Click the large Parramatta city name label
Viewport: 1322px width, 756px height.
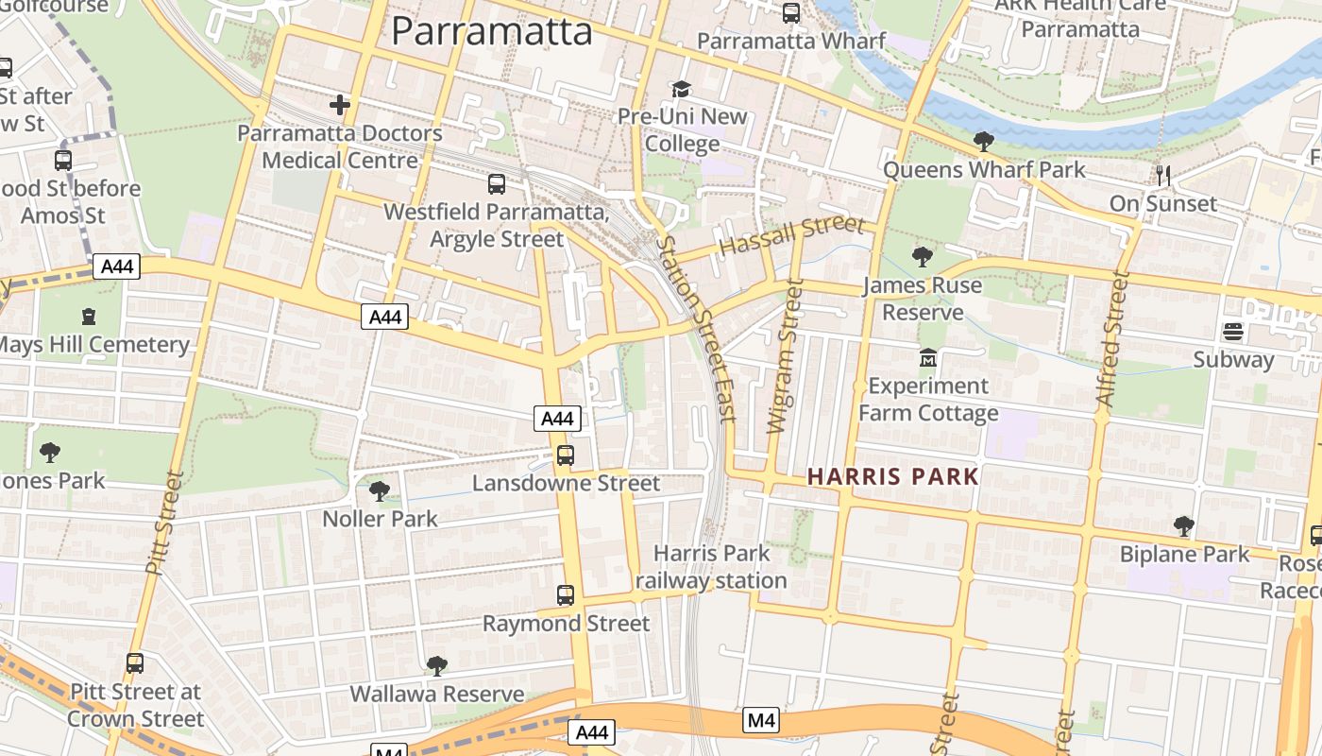[491, 31]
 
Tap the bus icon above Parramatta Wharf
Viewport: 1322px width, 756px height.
[791, 13]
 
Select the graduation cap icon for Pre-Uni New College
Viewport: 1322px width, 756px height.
[681, 89]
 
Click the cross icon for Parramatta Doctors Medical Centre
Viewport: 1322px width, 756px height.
[339, 105]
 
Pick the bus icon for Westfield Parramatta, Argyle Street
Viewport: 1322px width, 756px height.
[497, 184]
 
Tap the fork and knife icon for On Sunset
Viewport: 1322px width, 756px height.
[1163, 176]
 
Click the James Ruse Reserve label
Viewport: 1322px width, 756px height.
[922, 299]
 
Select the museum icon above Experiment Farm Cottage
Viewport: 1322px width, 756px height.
[927, 359]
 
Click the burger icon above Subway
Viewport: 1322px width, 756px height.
[1233, 332]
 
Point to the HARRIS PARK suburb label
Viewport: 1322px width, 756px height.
[892, 476]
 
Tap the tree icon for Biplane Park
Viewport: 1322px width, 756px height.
[1183, 526]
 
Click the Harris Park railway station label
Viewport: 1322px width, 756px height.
[711, 567]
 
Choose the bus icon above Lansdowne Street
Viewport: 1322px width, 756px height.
[565, 455]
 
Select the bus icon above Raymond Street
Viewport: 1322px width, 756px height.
[565, 595]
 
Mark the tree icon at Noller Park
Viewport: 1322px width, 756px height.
[379, 491]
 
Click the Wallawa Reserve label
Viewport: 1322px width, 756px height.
[436, 694]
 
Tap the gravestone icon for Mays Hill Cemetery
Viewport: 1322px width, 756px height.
[89, 316]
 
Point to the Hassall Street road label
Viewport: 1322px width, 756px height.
[791, 236]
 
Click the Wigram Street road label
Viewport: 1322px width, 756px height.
[786, 357]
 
